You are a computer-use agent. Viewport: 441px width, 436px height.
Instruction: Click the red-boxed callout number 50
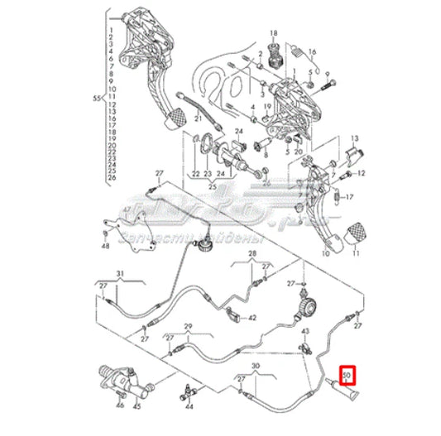(x=348, y=375)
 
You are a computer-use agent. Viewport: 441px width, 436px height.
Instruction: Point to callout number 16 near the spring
(x=312, y=51)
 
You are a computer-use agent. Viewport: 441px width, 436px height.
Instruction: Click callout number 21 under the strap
(x=199, y=119)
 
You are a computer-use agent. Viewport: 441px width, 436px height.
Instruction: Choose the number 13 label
(x=353, y=140)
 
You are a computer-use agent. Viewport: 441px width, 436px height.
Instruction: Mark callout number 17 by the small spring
(x=349, y=197)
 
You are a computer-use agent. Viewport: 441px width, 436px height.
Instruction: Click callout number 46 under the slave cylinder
(x=121, y=405)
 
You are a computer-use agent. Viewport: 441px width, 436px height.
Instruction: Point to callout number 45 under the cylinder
(x=139, y=405)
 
